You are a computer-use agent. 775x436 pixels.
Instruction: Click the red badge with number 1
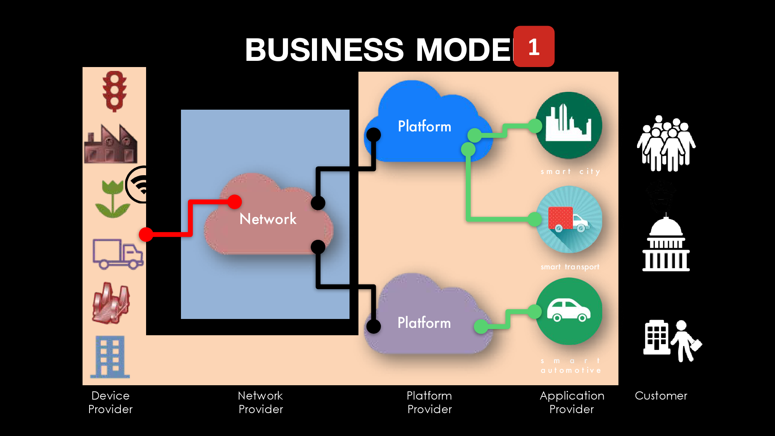[x=534, y=47]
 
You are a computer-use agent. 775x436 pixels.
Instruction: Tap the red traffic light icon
[x=114, y=91]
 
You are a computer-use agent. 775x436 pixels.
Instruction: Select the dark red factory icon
[x=111, y=144]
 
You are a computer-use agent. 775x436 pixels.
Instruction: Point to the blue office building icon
[x=110, y=357]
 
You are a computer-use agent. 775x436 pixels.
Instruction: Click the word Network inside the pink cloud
[x=268, y=219]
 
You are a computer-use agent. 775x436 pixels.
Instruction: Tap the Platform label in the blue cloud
[x=424, y=126]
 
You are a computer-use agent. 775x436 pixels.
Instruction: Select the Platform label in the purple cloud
[x=424, y=323]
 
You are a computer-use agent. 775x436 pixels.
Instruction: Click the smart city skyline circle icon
[x=568, y=125]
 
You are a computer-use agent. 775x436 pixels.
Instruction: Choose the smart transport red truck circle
[x=569, y=219]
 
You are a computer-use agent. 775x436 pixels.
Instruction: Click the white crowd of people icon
[x=666, y=143]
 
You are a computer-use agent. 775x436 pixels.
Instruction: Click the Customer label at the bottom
[x=661, y=396]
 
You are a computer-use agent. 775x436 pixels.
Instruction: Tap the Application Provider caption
[x=572, y=402]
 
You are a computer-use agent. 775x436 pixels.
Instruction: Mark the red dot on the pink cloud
[x=234, y=202]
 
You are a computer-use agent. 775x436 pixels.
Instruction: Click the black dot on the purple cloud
[x=374, y=326]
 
